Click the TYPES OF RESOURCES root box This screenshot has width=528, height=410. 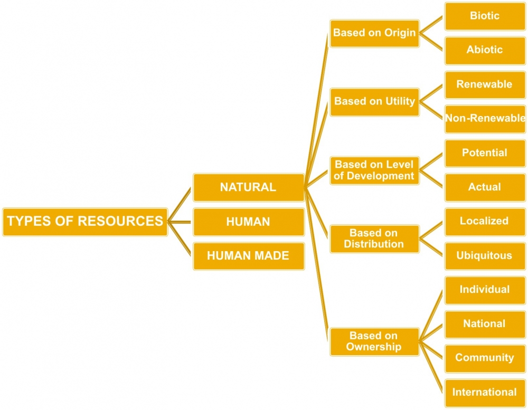[x=85, y=221]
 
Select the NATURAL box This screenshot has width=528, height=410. [x=248, y=187]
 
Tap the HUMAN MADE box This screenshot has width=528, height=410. [x=248, y=256]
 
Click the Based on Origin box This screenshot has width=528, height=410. [x=374, y=33]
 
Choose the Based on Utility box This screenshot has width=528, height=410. [x=374, y=101]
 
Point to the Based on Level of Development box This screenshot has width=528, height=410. [x=374, y=170]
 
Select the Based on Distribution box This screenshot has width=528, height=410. [x=374, y=239]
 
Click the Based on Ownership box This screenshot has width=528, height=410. [x=374, y=341]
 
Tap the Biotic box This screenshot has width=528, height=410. [x=485, y=16]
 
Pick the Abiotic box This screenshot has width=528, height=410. [x=485, y=50]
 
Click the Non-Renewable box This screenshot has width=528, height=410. [x=485, y=118]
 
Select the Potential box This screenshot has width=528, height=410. [x=485, y=153]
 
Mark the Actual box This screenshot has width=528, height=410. [x=485, y=187]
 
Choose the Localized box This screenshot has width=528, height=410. [x=485, y=221]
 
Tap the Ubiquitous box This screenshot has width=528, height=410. [x=485, y=256]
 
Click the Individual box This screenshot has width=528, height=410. [x=485, y=290]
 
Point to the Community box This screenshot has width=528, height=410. [x=485, y=358]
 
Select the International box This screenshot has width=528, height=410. [x=485, y=392]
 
